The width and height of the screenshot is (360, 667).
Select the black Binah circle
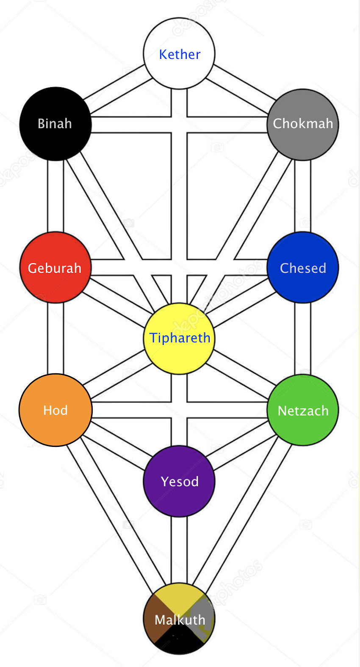click(55, 124)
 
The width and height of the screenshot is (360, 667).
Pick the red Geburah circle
click(55, 267)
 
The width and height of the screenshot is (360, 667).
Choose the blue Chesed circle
click(303, 267)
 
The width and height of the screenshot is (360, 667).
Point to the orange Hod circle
click(55, 410)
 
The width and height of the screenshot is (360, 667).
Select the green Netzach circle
click(303, 410)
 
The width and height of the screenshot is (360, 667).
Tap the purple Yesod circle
click(179, 481)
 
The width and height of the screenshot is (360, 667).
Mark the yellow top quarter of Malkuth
click(179, 597)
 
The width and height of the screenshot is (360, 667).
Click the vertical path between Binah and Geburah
click(55, 196)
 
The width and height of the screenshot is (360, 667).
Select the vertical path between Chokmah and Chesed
click(303, 196)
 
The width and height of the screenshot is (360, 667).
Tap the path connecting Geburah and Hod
click(55, 339)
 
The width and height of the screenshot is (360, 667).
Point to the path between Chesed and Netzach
click(303, 339)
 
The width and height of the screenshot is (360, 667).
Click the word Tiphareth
click(180, 338)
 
